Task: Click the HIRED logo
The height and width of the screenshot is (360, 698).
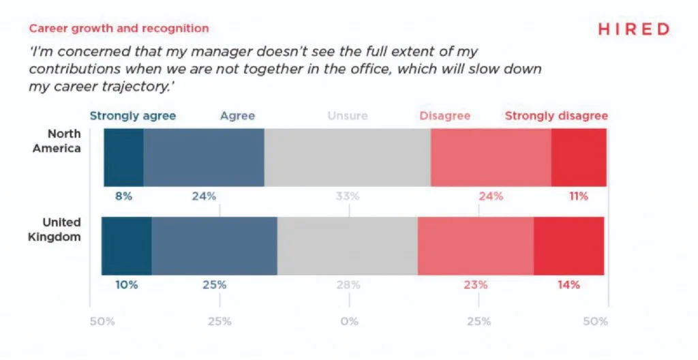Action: tap(633, 29)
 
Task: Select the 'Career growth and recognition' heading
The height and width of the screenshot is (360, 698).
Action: tap(118, 29)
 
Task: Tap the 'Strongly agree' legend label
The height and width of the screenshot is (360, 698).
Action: tap(132, 116)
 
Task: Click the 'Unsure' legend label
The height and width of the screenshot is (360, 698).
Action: tap(347, 116)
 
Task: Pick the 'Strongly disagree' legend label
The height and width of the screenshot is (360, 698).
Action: tap(556, 116)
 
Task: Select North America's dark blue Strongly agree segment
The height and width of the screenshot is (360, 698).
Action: tap(123, 157)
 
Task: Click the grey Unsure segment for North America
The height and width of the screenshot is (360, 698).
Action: tap(347, 157)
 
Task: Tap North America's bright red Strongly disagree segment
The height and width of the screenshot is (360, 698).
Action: tap(578, 157)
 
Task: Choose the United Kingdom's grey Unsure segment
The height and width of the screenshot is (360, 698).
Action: tap(347, 246)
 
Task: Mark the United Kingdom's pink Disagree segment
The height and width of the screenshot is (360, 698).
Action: tap(475, 246)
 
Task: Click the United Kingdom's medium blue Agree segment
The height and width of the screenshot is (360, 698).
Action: tap(214, 246)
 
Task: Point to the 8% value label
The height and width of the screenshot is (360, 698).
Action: tap(123, 196)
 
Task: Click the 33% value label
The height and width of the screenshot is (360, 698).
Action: tap(347, 196)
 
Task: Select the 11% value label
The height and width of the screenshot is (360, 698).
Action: tap(578, 196)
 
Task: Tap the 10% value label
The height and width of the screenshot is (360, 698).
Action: tap(127, 285)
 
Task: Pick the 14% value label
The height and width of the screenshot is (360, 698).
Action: tap(569, 285)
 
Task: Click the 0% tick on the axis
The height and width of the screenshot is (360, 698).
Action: tap(349, 321)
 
